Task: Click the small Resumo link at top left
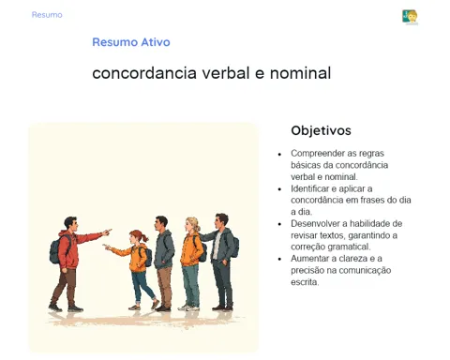47,15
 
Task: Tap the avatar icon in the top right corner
410,17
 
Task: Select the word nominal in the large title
300,73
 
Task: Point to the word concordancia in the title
144,73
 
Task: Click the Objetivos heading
321,130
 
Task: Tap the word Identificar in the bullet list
307,188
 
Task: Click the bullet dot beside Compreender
279,154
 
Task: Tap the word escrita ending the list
305,282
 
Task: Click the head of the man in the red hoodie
71,224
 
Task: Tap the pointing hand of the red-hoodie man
107,232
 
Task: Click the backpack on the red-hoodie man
56,250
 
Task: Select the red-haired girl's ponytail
144,238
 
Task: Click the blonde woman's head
192,224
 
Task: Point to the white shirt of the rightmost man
217,246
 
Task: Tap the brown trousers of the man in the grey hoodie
165,286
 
